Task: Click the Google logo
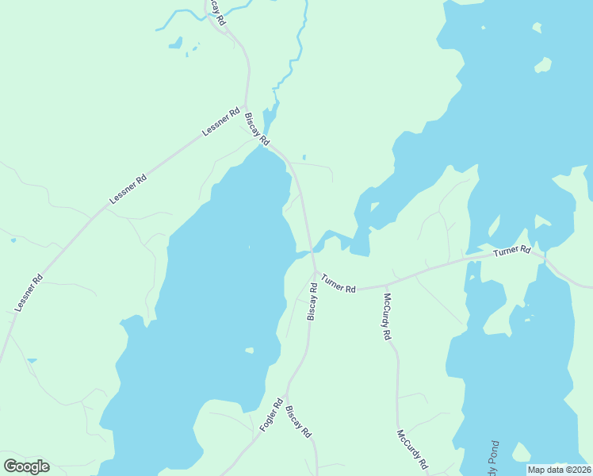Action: click(26, 466)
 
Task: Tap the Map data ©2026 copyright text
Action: click(559, 470)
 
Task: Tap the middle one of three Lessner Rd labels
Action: click(128, 190)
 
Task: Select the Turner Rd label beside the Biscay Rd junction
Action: click(339, 282)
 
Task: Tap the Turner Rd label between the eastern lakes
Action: click(511, 251)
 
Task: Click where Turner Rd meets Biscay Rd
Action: click(315, 272)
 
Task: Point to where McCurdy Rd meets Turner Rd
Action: click(386, 284)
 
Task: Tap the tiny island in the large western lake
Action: click(250, 350)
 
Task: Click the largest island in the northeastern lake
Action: click(543, 64)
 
